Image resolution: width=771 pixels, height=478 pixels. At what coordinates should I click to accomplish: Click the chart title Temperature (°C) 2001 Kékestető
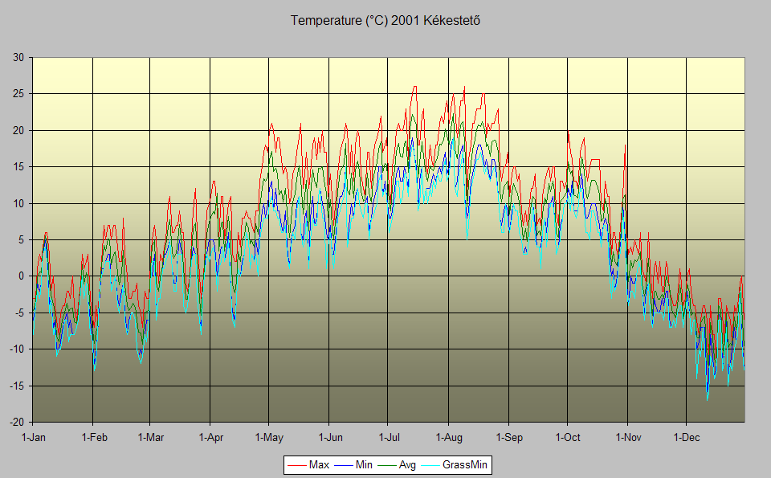point(385,21)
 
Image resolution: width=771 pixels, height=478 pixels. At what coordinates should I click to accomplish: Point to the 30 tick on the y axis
point(18,57)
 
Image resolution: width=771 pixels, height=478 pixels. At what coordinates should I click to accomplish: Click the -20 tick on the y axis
point(16,423)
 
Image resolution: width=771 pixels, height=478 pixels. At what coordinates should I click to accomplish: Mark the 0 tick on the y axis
point(21,276)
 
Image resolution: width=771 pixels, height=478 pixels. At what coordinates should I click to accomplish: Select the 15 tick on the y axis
point(18,167)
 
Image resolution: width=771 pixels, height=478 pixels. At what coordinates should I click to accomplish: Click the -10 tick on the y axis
point(16,349)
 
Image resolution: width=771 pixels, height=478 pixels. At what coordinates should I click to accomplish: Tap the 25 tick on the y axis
point(18,94)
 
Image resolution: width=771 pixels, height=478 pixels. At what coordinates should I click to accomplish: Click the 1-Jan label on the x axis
point(33,438)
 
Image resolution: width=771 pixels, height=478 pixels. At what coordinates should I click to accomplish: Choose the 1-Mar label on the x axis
point(150,438)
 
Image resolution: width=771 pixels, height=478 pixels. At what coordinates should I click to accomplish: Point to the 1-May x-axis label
point(269,438)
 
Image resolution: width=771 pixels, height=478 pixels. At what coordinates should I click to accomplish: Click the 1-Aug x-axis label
point(448,438)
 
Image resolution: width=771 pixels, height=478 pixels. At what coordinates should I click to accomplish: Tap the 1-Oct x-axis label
point(567,438)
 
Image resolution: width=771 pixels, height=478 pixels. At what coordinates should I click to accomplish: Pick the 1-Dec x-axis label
point(686,438)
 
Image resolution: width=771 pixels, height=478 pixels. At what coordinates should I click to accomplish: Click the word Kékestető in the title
point(453,21)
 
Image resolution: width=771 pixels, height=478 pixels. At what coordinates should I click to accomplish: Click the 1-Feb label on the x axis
point(93,438)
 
